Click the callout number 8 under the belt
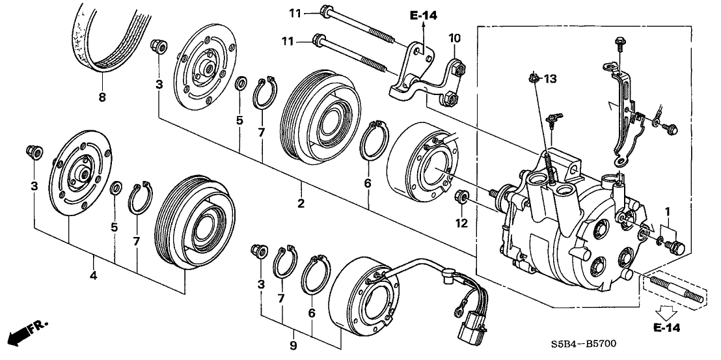[102, 98]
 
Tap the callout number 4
[94, 276]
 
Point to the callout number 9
[293, 344]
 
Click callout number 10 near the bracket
[454, 39]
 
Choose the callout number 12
[463, 224]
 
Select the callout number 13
[551, 79]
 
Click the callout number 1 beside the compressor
[667, 211]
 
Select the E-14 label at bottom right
[666, 329]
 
